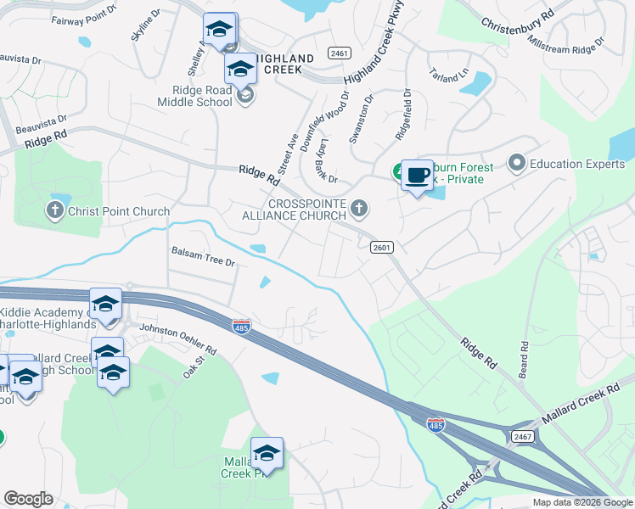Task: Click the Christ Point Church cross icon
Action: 56,210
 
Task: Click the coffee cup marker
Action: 416,176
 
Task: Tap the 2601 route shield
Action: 382,247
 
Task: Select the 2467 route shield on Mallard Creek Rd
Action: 522,435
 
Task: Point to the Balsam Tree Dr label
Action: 203,256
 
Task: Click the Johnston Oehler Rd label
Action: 178,338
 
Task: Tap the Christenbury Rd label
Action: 517,25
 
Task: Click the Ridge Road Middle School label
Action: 194,96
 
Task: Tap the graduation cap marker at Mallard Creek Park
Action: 267,454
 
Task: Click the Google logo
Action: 28,499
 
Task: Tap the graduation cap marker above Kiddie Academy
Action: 105,305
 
